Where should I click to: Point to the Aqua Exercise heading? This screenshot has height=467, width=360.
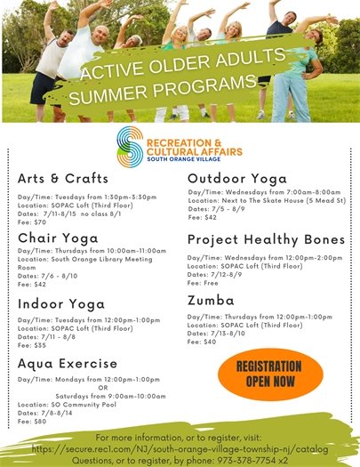pos(68,363)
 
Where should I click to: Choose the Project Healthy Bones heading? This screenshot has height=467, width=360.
pos(266,240)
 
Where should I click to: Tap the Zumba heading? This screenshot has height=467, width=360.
pos(211,301)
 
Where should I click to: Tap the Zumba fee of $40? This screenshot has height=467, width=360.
pos(202,342)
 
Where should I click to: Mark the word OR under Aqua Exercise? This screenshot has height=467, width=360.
pos(103,387)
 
